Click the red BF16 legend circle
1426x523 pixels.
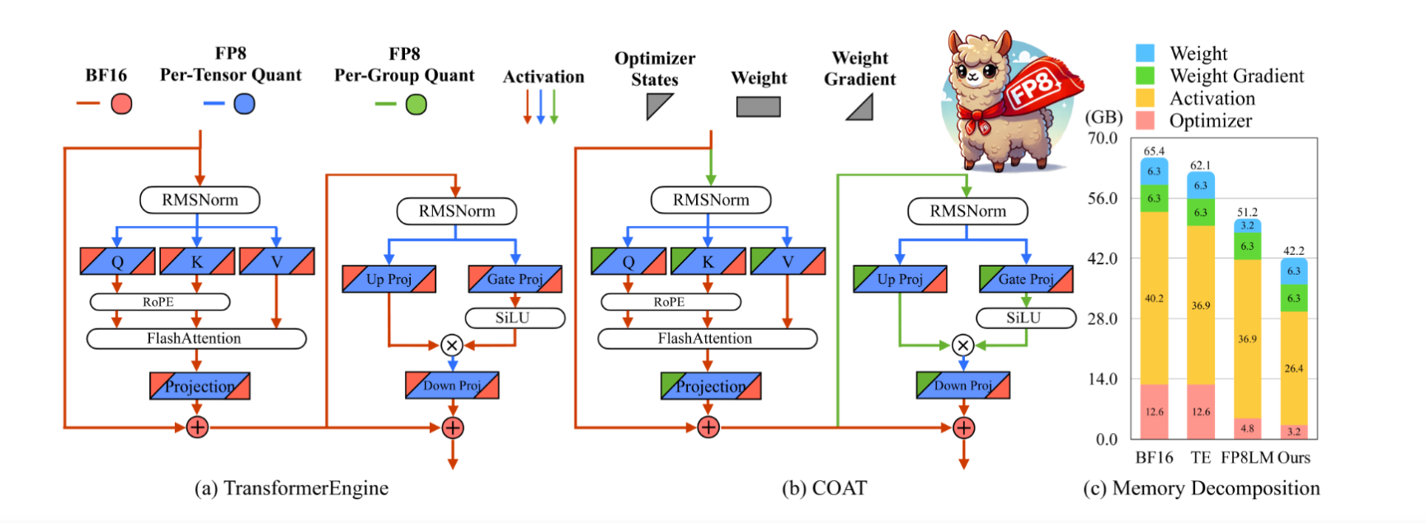121,104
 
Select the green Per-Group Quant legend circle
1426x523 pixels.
417,105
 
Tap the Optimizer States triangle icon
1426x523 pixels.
658,106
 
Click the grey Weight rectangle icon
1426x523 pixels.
758,106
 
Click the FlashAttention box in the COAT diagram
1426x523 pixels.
707,338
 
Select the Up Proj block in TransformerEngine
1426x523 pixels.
388,279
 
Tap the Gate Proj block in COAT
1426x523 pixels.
1026,279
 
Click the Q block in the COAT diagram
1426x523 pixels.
628,261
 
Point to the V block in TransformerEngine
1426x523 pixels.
276,261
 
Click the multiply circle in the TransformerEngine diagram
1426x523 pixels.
452,345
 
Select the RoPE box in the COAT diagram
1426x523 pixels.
670,302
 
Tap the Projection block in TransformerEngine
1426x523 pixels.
200,386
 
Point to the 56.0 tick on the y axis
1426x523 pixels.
1102,198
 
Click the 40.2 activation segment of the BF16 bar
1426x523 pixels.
1154,298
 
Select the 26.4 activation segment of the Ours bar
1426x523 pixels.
1293,368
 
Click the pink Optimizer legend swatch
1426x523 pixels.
1145,120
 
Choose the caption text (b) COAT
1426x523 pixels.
824,488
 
